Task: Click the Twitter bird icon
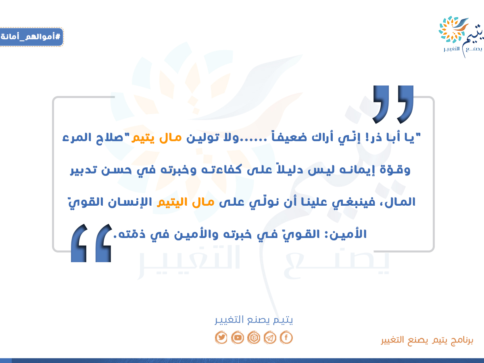coord(221,337)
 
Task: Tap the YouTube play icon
coord(238,337)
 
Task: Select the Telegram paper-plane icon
coord(270,337)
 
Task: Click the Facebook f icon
coord(286,337)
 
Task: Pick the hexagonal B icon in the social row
coord(254,337)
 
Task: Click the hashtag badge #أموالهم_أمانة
coord(31,37)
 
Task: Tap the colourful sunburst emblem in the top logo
coord(451,29)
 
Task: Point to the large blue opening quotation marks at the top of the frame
coord(393,104)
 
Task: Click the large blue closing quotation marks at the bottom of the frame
coord(91,243)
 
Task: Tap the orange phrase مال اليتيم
coord(186,202)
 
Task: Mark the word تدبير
coord(83,170)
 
